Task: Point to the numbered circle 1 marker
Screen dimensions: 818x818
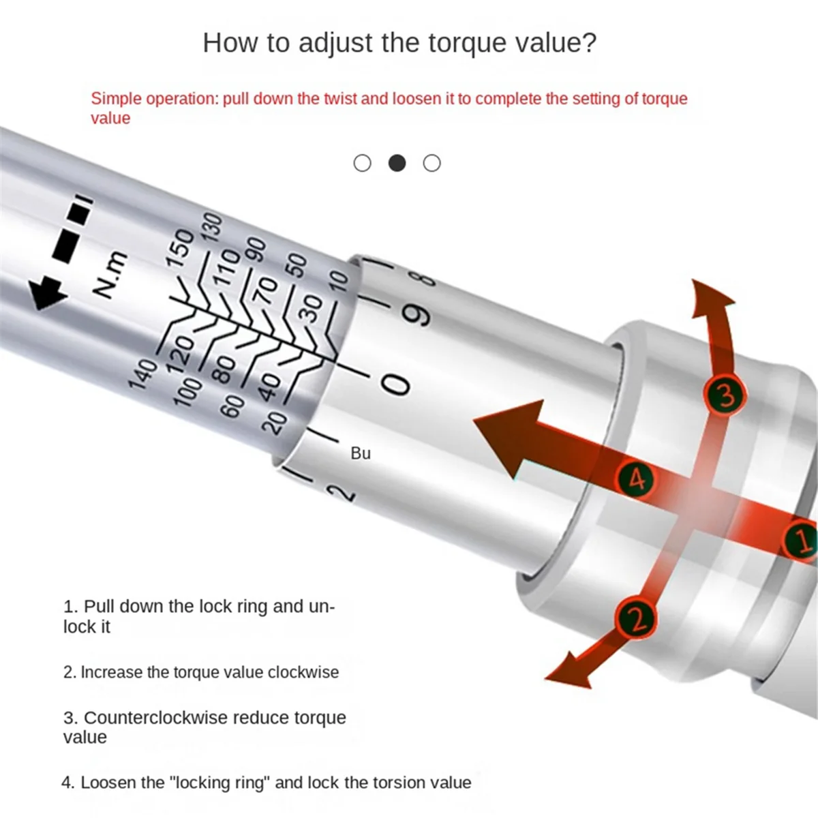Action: (x=802, y=539)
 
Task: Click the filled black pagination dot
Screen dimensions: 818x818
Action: (x=397, y=163)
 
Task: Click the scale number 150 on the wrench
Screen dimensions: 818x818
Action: (x=180, y=249)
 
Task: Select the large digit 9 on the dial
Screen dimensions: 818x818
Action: (x=418, y=315)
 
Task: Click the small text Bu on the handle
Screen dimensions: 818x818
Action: (x=361, y=453)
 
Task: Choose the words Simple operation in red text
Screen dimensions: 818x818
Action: (x=154, y=99)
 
